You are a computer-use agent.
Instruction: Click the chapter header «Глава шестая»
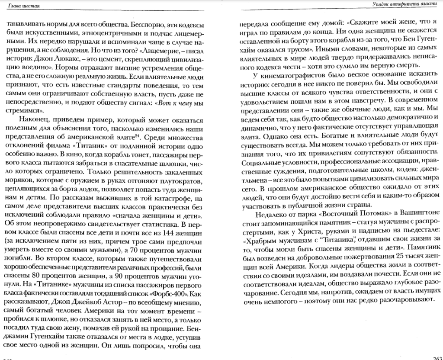[x=18, y=5]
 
